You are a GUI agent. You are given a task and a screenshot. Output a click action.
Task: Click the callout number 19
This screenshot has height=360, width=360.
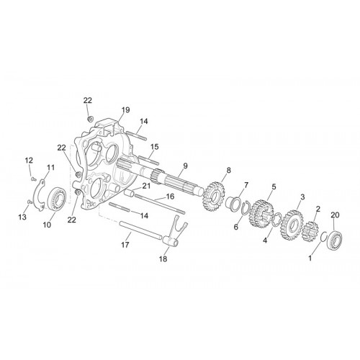click(125, 110)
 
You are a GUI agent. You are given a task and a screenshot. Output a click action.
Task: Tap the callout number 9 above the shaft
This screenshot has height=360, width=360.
click(185, 166)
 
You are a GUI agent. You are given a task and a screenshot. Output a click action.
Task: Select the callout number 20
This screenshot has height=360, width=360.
click(335, 215)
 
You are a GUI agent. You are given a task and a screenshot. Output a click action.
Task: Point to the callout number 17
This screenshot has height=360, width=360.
click(125, 245)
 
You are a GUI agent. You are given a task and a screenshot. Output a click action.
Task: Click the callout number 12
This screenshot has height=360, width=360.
click(29, 160)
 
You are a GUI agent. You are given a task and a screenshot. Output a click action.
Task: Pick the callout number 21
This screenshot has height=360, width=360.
click(146, 186)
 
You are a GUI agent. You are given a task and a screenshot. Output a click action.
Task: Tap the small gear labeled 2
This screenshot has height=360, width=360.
click(310, 231)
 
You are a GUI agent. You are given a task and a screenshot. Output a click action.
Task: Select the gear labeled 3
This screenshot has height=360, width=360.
click(292, 225)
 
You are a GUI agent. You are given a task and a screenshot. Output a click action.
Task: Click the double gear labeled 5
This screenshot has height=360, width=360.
click(261, 215)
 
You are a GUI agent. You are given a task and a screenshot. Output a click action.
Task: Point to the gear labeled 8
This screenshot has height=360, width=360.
click(214, 196)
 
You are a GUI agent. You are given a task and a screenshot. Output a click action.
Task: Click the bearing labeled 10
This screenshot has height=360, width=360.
click(57, 198)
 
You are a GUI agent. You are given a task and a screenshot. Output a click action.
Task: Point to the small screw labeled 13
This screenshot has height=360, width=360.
click(30, 202)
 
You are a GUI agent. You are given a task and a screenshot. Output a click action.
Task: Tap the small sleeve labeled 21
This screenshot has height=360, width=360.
click(130, 192)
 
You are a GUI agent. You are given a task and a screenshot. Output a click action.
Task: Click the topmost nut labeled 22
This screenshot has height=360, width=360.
click(91, 119)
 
